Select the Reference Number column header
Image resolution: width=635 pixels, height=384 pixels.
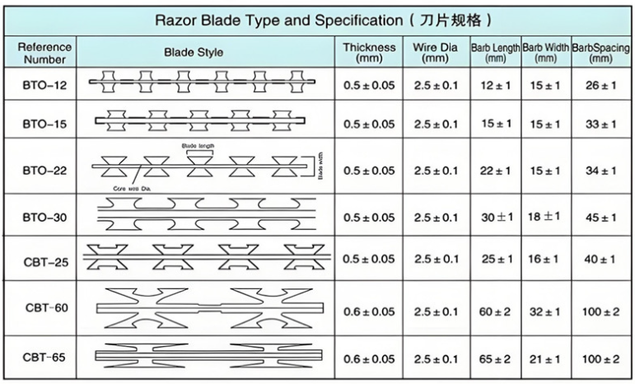point(45,53)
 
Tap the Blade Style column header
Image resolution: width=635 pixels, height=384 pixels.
point(193,53)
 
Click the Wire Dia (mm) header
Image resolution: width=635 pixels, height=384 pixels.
point(435,53)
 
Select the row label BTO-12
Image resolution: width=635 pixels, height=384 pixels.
point(45,83)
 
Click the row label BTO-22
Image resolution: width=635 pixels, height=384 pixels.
point(45,171)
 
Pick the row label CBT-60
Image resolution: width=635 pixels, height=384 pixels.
point(45,308)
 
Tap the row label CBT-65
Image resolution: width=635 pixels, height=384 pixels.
point(45,358)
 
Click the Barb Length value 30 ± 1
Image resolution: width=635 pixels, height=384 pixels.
point(496,218)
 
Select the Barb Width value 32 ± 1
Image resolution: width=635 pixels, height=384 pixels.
point(545,311)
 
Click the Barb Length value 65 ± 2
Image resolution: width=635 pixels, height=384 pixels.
point(496,359)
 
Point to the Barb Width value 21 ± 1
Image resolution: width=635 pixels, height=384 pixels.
point(545,359)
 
